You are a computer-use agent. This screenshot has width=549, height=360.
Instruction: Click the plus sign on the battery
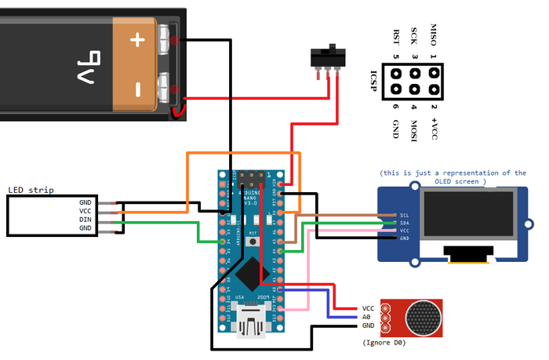[137, 39]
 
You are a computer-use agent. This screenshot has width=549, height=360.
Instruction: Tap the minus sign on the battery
[137, 89]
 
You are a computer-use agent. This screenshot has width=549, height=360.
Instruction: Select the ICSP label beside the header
[374, 82]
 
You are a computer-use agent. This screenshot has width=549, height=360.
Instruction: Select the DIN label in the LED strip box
[85, 220]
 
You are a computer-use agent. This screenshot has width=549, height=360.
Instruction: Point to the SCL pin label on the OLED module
[404, 214]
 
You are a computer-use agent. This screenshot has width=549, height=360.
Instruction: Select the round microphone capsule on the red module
[424, 315]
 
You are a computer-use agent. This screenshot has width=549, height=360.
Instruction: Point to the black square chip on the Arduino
[250, 272]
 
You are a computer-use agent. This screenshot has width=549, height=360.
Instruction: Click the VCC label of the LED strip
[85, 211]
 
